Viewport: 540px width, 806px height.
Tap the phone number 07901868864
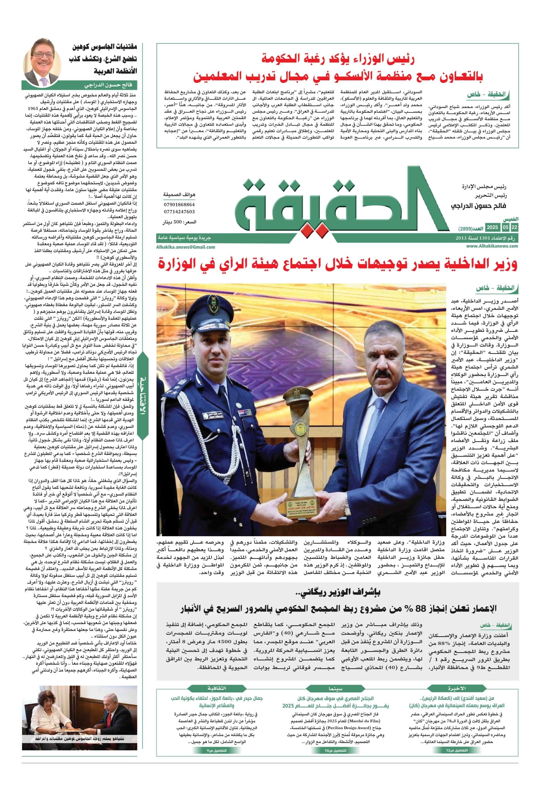pos(179,205)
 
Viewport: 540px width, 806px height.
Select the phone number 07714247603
pos(179,212)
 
